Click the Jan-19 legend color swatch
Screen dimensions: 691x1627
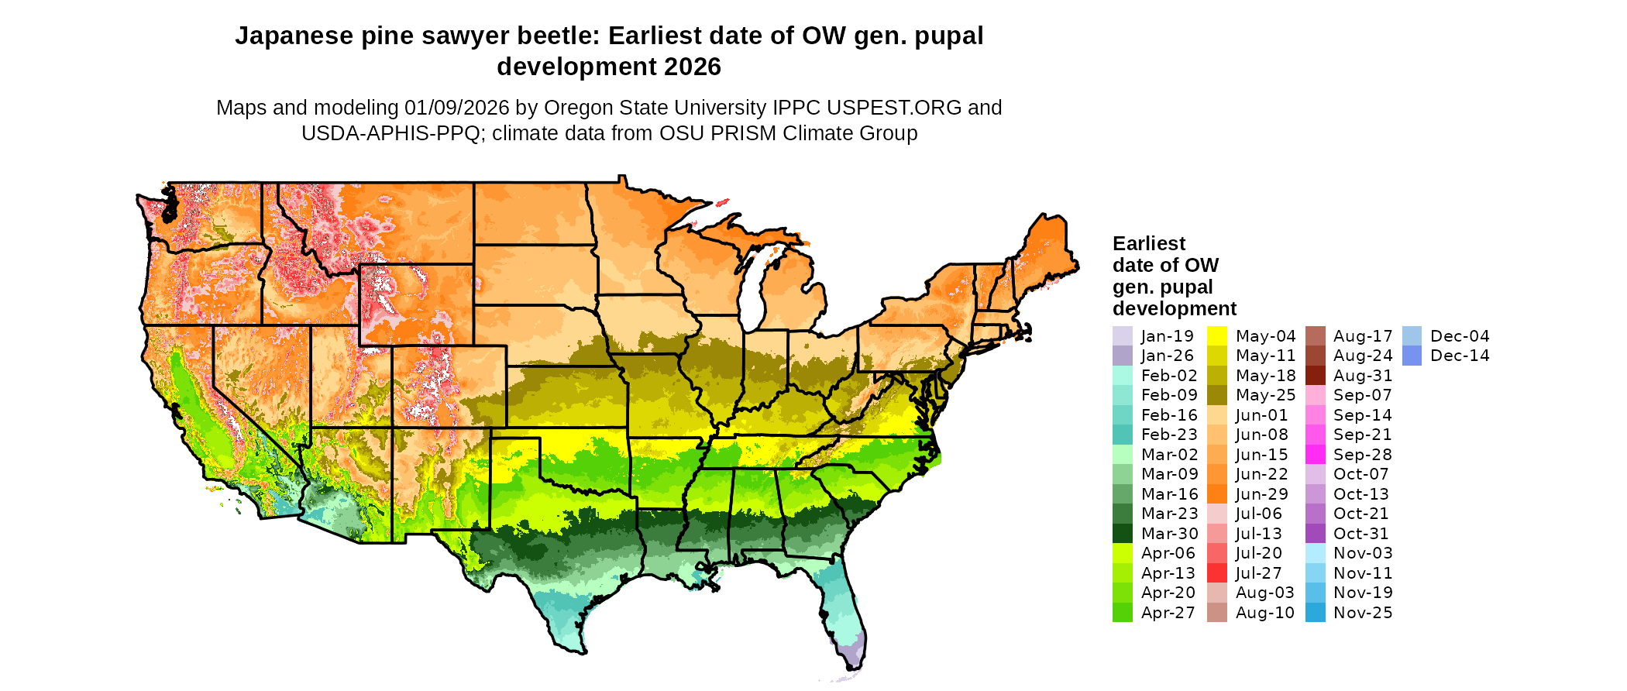click(1122, 336)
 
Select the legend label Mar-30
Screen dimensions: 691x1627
click(1169, 534)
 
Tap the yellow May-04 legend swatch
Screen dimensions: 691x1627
click(1217, 336)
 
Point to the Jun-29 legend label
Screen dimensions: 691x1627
click(1261, 494)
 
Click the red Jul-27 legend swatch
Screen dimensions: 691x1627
click(1217, 573)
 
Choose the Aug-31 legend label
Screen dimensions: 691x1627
click(1362, 376)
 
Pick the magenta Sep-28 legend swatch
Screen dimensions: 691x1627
click(1315, 455)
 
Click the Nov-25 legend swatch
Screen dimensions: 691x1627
click(1315, 613)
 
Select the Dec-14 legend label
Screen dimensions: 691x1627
click(1460, 356)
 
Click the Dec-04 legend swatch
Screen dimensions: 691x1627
click(1412, 336)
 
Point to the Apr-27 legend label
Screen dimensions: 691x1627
click(1168, 613)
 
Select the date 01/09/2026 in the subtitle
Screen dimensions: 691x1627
click(456, 108)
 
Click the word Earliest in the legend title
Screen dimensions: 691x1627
click(1148, 244)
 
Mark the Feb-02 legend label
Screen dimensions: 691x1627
click(1168, 376)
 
